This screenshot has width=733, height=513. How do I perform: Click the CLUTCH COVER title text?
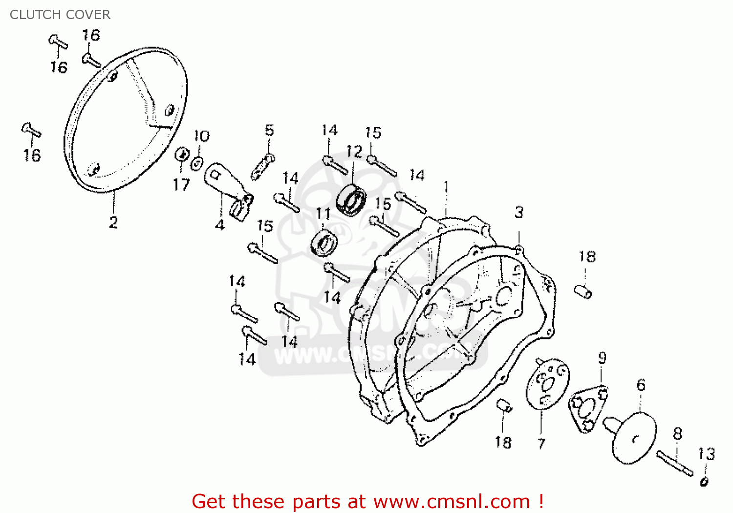tap(60, 15)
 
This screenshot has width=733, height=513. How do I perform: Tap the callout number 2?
tap(113, 223)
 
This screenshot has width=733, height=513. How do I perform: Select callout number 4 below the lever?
tap(220, 225)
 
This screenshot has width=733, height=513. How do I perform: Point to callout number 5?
tap(269, 130)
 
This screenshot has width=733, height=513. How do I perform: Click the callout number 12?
tap(354, 151)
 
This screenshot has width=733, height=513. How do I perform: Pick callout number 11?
tap(323, 214)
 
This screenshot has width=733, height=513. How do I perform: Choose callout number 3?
tap(519, 212)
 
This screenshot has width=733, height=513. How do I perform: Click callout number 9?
tap(603, 358)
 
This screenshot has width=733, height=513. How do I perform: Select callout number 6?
tap(641, 385)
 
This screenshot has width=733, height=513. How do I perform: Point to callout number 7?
tap(541, 444)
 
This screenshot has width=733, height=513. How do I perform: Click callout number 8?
tap(677, 434)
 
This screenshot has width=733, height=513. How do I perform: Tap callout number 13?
tap(707, 454)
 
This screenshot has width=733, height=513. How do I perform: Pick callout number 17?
tap(181, 185)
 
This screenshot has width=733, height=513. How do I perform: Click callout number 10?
tap(201, 136)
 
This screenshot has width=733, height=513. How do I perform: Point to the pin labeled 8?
tap(675, 464)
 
